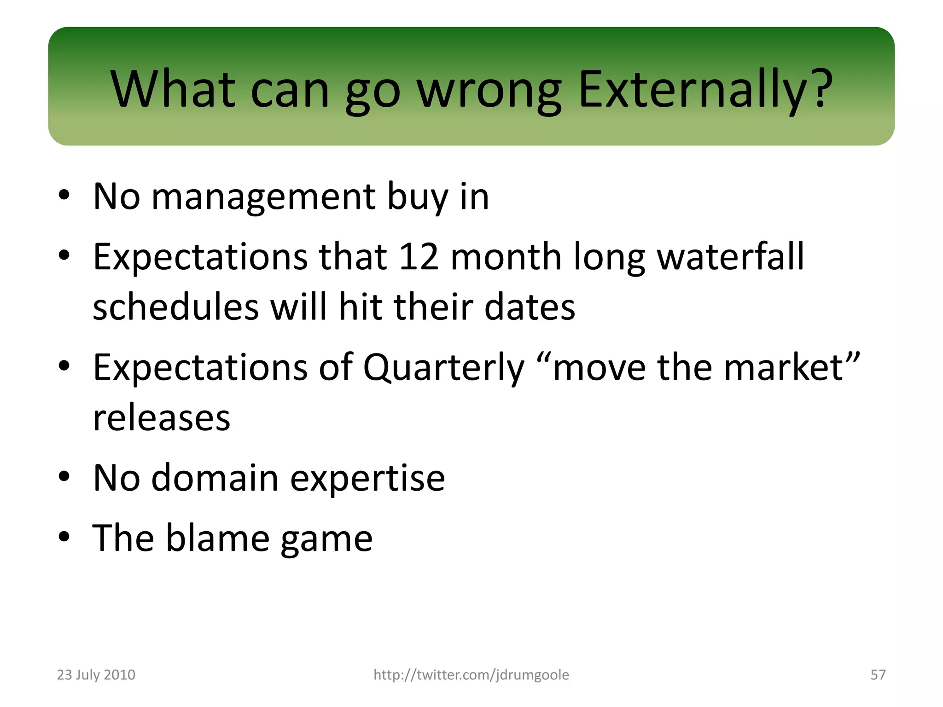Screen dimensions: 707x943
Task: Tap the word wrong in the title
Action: point(489,90)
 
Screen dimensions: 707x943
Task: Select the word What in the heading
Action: point(173,90)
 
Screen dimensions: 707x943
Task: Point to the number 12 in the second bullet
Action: point(418,256)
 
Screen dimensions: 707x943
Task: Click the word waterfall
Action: point(730,256)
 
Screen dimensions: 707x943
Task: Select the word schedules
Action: point(175,307)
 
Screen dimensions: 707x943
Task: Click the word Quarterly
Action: point(443,368)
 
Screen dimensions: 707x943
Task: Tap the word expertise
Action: point(367,479)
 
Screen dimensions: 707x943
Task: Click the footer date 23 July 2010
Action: point(96,675)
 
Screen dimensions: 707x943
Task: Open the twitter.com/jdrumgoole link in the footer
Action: point(471,675)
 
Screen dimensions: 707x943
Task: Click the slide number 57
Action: point(878,675)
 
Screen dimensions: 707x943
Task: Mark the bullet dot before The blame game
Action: point(64,537)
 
